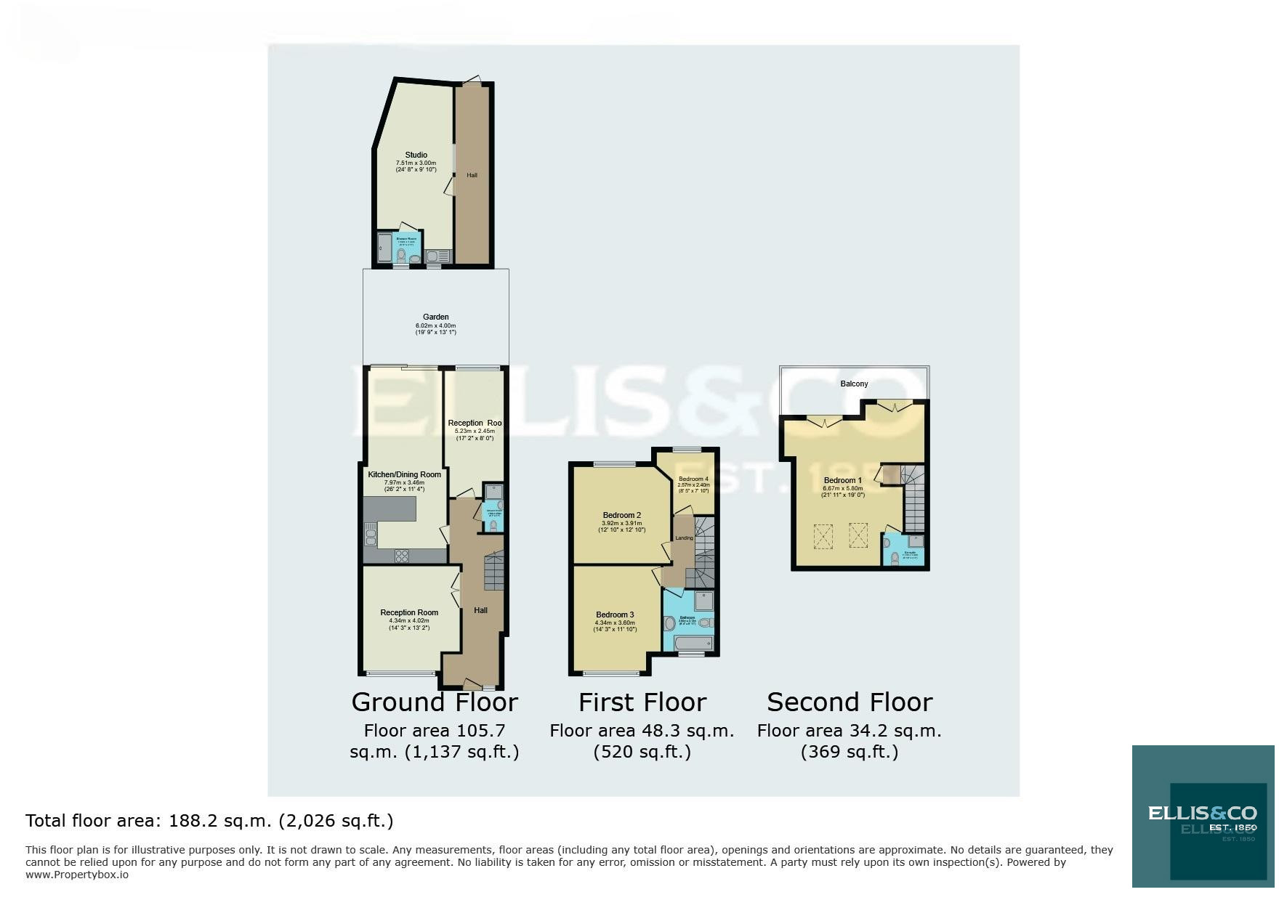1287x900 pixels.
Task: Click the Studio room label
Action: (416, 155)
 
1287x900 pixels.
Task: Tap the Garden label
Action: (436, 317)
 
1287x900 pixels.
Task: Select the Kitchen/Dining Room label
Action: (404, 474)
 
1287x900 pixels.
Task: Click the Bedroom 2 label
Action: (621, 515)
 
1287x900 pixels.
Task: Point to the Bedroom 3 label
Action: (615, 615)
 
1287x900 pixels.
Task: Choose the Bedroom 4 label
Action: (693, 479)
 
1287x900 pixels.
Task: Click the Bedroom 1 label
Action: (842, 480)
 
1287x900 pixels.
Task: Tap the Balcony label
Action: (854, 384)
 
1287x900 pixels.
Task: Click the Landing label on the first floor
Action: (684, 538)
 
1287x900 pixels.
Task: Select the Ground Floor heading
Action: (435, 702)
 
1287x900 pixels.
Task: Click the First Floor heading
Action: (642, 702)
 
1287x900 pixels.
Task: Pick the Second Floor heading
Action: (850, 702)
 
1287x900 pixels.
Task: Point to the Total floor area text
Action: (209, 821)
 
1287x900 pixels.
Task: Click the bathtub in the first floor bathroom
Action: (691, 644)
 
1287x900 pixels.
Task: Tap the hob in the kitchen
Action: (401, 556)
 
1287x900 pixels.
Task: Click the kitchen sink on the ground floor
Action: (371, 537)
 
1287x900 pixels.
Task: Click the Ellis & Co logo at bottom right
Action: (1202, 816)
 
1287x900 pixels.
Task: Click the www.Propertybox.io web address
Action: (77, 875)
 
